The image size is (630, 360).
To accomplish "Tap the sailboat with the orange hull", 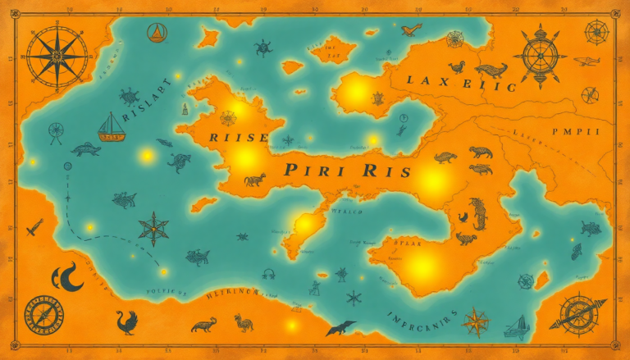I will pos(112,127).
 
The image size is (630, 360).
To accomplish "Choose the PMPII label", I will pos(576,131).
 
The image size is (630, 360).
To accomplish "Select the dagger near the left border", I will pos(34,227).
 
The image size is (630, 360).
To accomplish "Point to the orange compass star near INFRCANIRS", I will pos(475,322).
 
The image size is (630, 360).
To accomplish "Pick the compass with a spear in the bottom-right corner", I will pos(582,314).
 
